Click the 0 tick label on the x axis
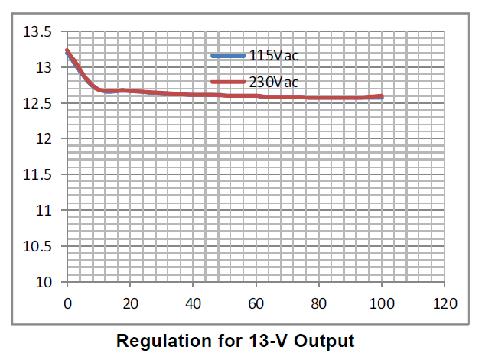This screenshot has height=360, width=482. click(67, 303)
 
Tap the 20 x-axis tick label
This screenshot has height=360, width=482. click(130, 303)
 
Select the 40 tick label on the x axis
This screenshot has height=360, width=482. click(193, 303)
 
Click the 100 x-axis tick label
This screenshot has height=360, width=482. click(381, 303)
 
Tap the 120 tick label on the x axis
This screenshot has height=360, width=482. click(444, 303)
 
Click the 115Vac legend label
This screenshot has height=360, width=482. click(272, 56)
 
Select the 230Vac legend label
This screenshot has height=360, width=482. click(272, 82)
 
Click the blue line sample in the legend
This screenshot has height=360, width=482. click(229, 56)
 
